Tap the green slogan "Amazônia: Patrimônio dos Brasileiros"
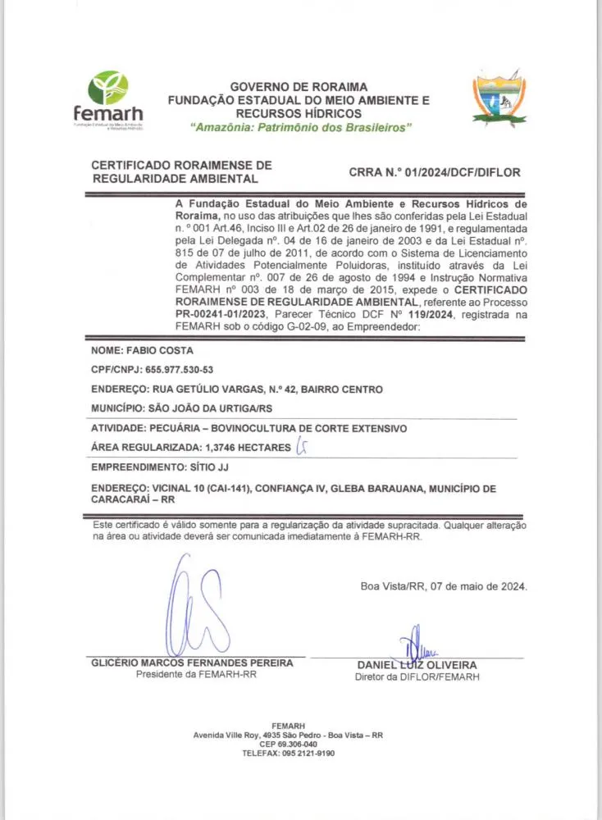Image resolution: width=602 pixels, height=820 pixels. (300, 128)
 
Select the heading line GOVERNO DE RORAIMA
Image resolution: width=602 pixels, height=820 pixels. (299, 87)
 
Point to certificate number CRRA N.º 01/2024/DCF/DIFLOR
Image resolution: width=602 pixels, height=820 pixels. (435, 172)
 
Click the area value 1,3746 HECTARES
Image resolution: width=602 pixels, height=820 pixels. (244, 447)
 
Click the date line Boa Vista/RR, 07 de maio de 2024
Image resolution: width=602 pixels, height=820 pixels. (444, 586)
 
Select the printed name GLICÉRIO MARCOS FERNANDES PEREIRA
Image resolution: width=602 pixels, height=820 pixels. (198, 663)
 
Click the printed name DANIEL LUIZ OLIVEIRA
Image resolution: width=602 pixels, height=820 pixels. (417, 664)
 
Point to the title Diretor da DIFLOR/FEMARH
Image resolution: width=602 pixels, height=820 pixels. (417, 677)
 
